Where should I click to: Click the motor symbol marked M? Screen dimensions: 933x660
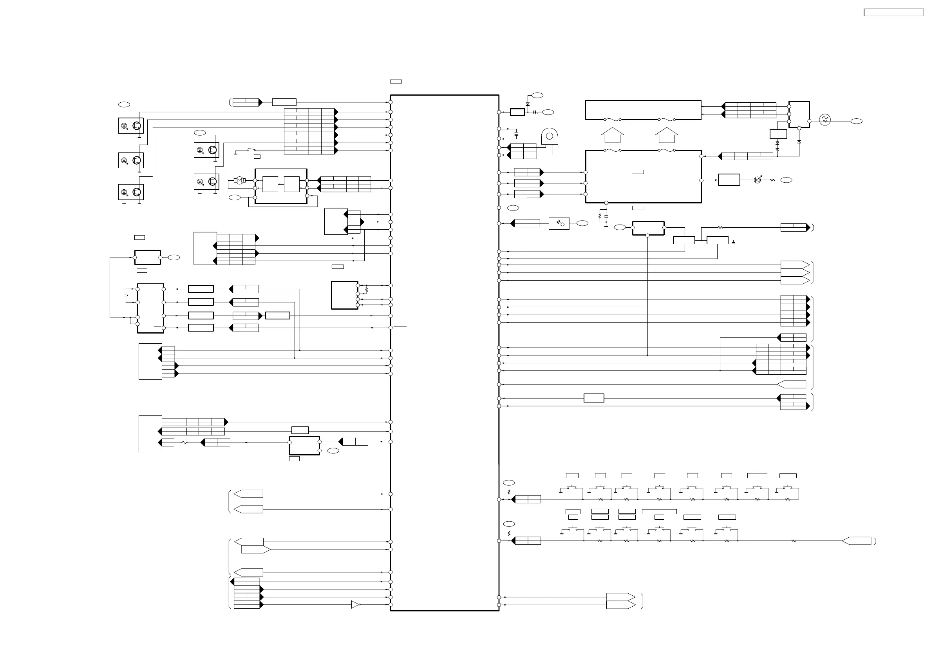tap(240, 180)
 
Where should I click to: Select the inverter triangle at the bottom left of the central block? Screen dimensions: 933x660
tap(356, 605)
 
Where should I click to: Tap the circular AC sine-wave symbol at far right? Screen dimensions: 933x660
tap(825, 120)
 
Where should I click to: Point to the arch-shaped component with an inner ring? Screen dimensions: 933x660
tap(550, 137)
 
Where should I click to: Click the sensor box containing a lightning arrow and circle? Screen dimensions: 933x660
tap(559, 223)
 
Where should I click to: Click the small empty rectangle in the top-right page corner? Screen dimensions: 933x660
tap(893, 13)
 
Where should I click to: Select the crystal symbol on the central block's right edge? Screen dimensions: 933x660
tap(516, 134)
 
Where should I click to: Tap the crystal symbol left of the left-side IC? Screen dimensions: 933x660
tap(126, 295)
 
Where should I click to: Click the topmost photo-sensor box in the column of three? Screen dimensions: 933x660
tap(130, 126)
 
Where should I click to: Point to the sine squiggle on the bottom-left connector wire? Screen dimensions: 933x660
tap(184, 442)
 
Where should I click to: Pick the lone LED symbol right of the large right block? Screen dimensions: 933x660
tap(758, 180)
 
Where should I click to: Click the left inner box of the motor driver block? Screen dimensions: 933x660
tap(270, 184)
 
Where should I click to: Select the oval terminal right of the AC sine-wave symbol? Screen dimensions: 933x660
tap(856, 121)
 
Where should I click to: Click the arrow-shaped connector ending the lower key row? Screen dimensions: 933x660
tap(856, 541)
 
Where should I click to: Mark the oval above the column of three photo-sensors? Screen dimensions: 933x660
tap(124, 105)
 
